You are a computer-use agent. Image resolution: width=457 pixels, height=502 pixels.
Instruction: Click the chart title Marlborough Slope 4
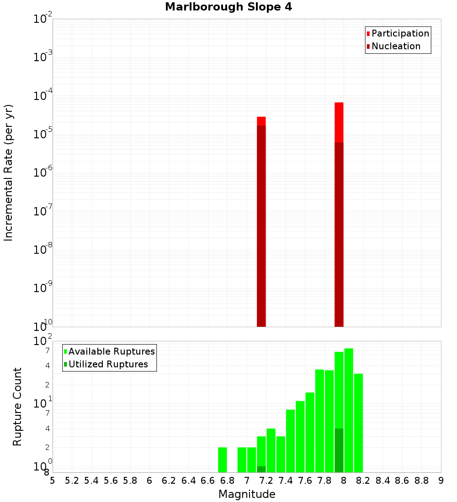228,7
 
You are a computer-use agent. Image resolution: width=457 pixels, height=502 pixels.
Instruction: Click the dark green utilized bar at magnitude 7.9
339,450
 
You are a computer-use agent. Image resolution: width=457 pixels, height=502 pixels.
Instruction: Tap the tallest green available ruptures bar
349,410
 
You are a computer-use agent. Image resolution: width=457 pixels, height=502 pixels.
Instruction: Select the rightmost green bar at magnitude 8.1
358,423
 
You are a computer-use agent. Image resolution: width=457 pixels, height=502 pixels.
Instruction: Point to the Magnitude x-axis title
247,494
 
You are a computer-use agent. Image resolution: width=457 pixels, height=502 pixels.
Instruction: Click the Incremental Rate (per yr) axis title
9,173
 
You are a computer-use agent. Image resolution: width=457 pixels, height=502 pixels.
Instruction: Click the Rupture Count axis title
17,407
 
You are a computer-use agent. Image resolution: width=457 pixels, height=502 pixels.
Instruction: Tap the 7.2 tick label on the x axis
266,481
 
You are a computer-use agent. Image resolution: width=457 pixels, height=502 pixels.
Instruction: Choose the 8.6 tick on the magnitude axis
402,481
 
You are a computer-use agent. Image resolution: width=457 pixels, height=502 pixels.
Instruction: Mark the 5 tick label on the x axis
53,481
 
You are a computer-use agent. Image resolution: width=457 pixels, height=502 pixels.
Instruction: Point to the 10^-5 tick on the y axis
43,134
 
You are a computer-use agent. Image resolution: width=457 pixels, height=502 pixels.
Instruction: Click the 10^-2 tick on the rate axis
43,19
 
